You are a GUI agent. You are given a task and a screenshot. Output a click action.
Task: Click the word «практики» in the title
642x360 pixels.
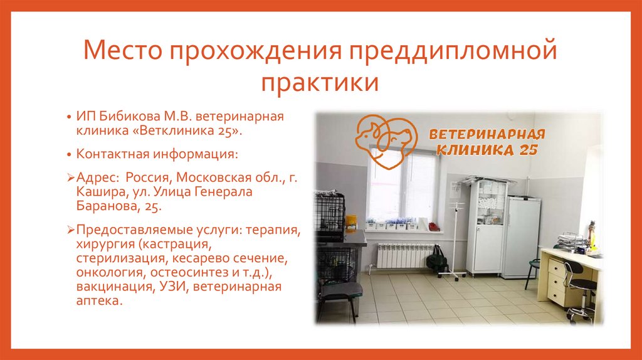pyautogui.click(x=320, y=82)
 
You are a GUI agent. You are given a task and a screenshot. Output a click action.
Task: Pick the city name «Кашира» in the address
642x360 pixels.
pyautogui.click(x=99, y=192)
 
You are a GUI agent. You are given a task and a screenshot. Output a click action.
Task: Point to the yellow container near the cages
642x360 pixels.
pyautogui.click(x=351, y=222)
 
